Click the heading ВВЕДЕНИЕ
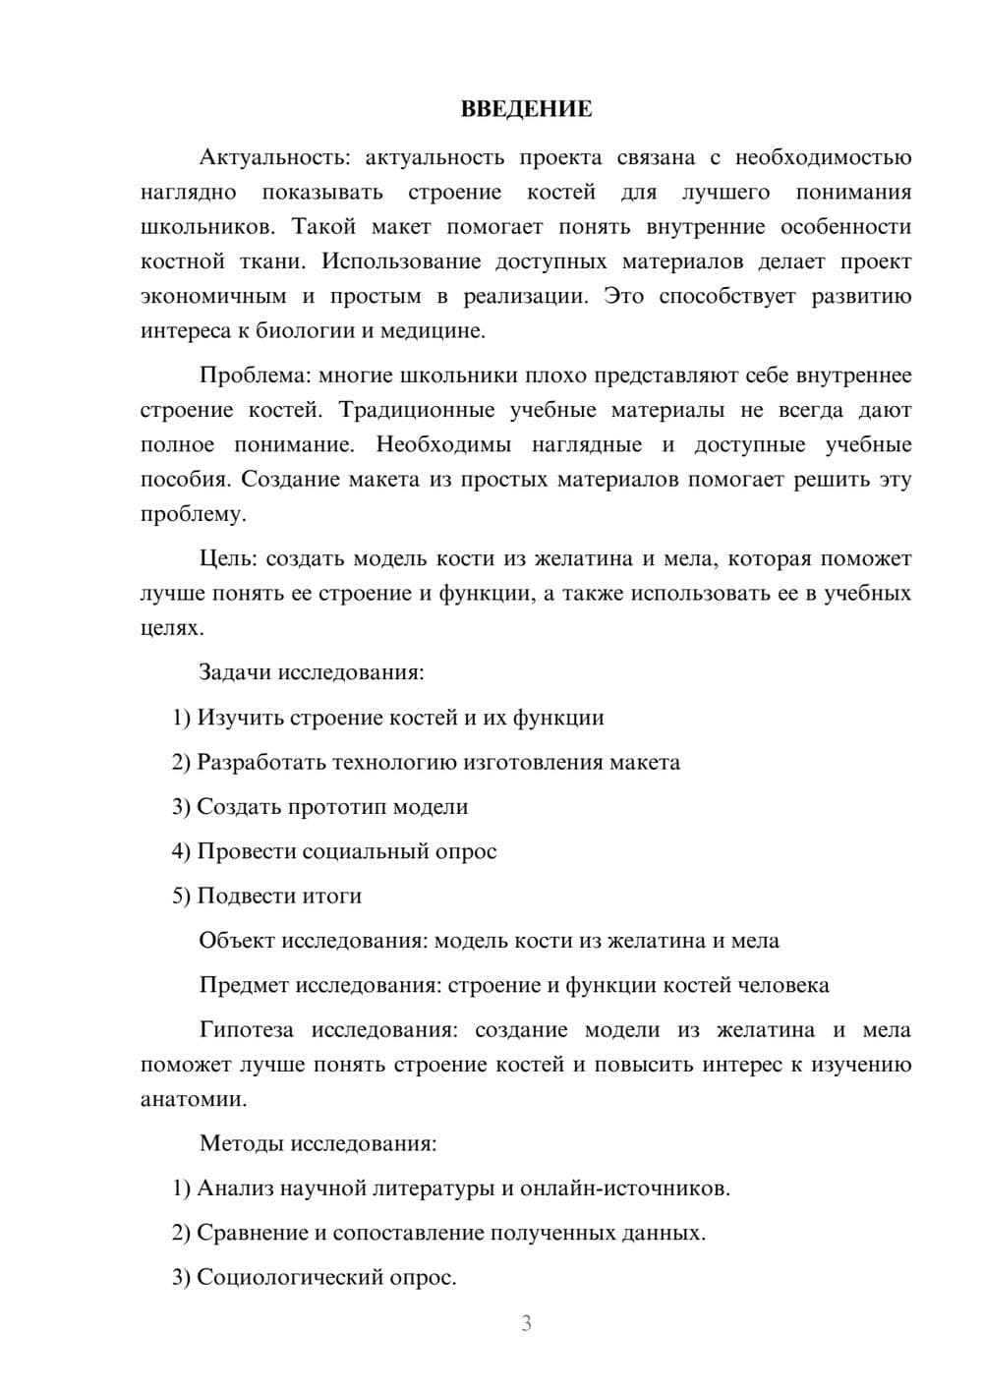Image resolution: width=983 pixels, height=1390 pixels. [x=526, y=109]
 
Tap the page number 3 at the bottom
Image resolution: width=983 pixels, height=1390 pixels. [x=526, y=1323]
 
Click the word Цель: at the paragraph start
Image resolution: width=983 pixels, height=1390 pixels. [x=228, y=558]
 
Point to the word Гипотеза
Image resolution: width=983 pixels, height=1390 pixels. [x=246, y=1029]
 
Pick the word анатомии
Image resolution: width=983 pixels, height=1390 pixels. [x=193, y=1099]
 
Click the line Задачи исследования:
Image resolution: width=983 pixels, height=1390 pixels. [x=312, y=672]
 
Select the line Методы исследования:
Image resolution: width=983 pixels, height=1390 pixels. [x=318, y=1143]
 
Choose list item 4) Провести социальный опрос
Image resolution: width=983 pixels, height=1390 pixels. [x=334, y=851]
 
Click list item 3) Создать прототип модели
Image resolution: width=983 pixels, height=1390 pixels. [x=319, y=807]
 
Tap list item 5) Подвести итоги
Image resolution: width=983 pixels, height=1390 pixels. [x=266, y=896]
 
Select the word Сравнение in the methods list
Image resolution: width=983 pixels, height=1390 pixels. [x=252, y=1233]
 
